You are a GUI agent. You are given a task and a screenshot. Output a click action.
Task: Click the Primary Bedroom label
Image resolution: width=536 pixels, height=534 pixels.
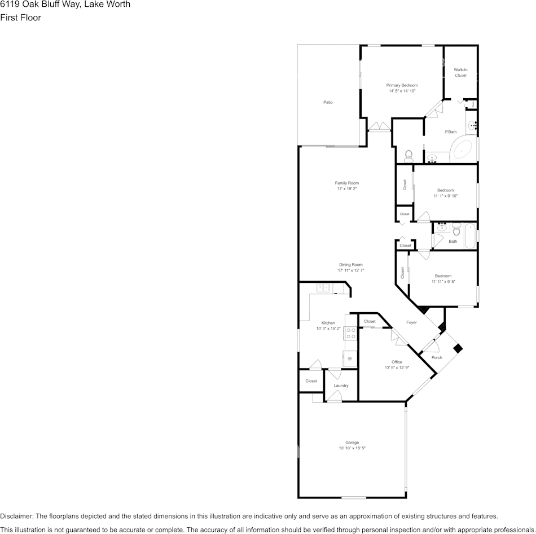pos(402,85)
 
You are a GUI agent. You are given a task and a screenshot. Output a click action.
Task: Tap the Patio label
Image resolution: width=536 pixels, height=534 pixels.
pos(328,102)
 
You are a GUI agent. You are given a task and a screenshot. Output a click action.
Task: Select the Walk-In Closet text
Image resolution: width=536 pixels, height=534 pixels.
pos(460,72)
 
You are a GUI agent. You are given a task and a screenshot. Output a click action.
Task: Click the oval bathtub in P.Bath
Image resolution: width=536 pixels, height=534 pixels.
pos(463,151)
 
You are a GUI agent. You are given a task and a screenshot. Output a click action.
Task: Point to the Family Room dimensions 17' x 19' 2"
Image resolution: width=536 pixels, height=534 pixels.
pos(346,189)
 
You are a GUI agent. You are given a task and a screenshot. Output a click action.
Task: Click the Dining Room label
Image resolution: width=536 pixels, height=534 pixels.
pos(350,264)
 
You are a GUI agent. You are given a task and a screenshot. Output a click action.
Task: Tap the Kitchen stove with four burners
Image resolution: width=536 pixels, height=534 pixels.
pos(350,333)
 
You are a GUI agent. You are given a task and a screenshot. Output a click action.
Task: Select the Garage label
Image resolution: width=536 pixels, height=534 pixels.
pos(352,442)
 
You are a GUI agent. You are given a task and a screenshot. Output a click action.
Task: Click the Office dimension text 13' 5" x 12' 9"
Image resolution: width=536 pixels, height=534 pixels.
pos(397,367)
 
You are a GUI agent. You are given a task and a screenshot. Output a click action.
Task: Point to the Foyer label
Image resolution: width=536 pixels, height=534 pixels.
pos(411,322)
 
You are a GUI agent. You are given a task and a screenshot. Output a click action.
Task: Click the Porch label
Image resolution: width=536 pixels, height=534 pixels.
pos(437,357)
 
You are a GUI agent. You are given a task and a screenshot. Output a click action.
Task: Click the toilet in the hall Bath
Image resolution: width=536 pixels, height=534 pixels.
pos(456,230)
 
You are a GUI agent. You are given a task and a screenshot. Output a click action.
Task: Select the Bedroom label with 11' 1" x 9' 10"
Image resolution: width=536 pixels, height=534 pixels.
pos(445,190)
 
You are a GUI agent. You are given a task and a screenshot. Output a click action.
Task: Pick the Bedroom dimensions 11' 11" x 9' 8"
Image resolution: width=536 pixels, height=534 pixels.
pos(443,282)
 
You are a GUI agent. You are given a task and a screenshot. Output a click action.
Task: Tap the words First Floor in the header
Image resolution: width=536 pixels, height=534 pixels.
pos(20,17)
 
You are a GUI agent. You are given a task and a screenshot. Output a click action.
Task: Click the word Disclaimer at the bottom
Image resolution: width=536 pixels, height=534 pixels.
pos(16,516)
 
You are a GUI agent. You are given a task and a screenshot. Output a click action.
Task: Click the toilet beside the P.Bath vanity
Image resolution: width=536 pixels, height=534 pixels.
pos(409,154)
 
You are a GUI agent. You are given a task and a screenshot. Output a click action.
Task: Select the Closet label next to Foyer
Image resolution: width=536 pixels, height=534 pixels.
pos(370,321)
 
